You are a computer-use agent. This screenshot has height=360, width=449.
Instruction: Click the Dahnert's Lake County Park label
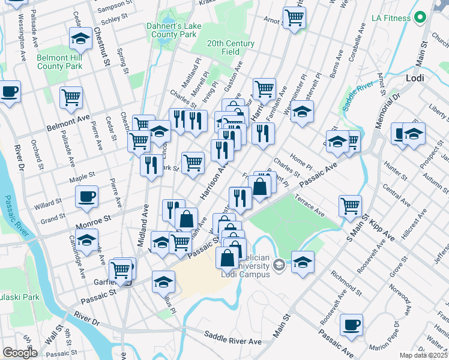[171, 31]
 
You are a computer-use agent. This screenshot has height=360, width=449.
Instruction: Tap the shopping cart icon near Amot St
[294, 19]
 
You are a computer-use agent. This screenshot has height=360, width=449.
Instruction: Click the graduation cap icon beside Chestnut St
[80, 39]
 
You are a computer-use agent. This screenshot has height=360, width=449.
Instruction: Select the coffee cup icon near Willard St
[86, 196]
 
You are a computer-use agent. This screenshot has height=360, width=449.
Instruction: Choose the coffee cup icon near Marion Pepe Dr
[351, 326]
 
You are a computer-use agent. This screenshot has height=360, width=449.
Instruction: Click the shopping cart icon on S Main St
[350, 206]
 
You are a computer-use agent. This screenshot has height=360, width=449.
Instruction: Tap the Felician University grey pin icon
[279, 265]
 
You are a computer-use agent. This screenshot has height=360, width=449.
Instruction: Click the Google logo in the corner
[20, 353]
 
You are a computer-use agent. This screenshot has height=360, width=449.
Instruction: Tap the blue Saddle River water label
[357, 98]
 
